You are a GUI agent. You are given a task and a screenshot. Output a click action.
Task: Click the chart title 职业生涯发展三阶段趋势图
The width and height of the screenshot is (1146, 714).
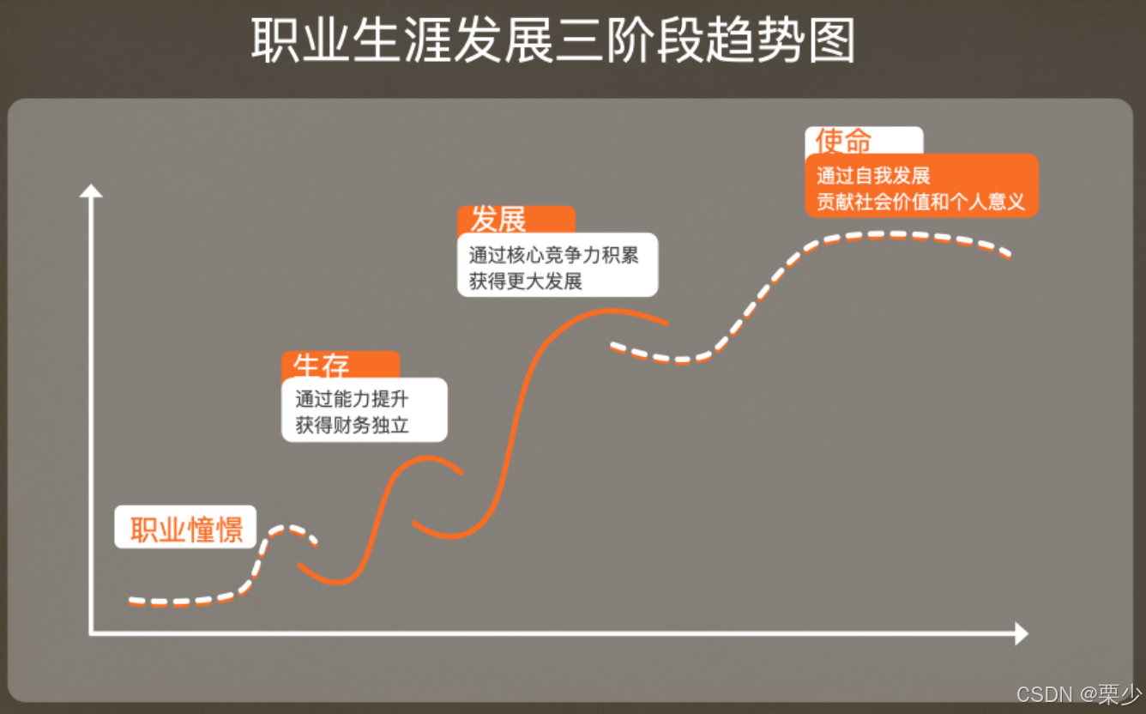pyautogui.click(x=553, y=40)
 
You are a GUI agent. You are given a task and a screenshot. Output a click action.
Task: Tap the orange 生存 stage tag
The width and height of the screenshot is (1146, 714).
pyautogui.click(x=322, y=366)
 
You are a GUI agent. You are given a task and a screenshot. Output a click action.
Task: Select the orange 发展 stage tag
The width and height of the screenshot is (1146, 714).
pyautogui.click(x=498, y=220)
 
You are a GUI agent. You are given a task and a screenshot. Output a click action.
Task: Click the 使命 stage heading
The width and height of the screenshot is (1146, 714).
pyautogui.click(x=843, y=141)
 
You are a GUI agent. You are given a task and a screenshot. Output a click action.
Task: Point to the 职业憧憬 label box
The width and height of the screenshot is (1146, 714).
pyautogui.click(x=185, y=527)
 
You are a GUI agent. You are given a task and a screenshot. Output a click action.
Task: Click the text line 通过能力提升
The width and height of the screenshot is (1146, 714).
pyautogui.click(x=352, y=399)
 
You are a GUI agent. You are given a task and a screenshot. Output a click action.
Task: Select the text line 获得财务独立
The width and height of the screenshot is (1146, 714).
pyautogui.click(x=352, y=425)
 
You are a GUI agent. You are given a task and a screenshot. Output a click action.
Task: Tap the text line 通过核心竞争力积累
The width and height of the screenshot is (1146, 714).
pyautogui.click(x=553, y=255)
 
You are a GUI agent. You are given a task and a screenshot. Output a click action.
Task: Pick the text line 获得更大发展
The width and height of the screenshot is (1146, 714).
pyautogui.click(x=525, y=281)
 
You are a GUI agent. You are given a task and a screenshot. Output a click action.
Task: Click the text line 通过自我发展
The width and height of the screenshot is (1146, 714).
pyautogui.click(x=873, y=177)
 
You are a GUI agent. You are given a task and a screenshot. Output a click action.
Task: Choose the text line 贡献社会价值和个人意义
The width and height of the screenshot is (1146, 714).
pyautogui.click(x=920, y=203)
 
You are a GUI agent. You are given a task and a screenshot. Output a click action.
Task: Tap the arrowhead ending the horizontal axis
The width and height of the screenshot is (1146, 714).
pyautogui.click(x=1021, y=633)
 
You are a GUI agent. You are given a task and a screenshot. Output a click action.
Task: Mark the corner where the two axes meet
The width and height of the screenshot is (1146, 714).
pyautogui.click(x=91, y=633)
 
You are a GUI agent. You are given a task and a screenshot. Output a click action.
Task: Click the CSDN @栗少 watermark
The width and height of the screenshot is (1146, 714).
pyautogui.click(x=1078, y=693)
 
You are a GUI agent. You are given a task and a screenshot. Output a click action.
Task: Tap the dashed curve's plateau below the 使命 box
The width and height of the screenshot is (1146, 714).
pyautogui.click(x=892, y=234)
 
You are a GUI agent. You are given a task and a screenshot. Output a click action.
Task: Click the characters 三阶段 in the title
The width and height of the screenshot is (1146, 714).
pyautogui.click(x=604, y=40)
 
